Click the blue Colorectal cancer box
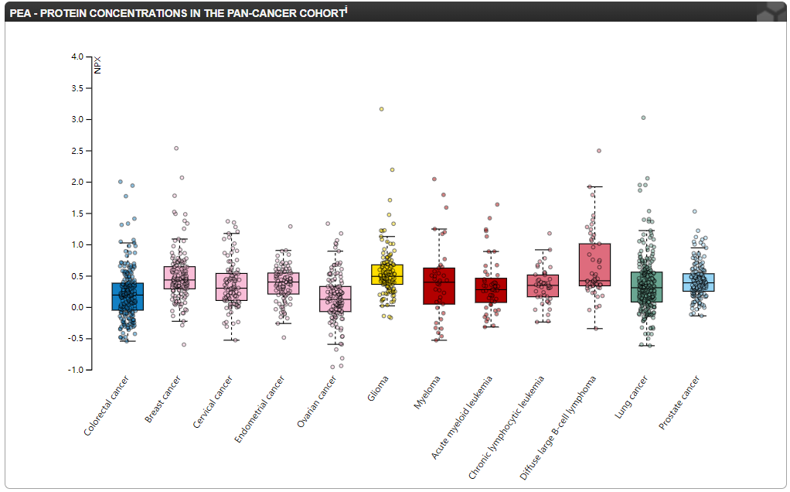(128, 296)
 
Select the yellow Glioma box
(386, 275)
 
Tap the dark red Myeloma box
(439, 285)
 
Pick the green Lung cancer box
(646, 287)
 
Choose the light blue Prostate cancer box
(699, 282)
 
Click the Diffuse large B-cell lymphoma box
(594, 265)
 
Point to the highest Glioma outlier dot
(381, 109)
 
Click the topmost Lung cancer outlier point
(643, 118)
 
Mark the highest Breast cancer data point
(176, 148)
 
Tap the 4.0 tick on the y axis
(77, 57)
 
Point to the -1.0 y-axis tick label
(75, 370)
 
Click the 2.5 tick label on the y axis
(77, 151)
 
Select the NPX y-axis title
(97, 66)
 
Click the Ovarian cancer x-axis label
(317, 401)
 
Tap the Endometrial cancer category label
(260, 409)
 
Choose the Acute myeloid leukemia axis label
(462, 417)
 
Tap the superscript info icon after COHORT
(346, 9)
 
